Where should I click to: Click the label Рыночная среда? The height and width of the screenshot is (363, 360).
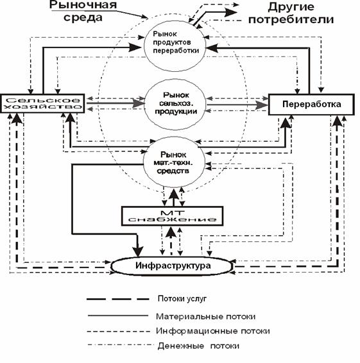pyautogui.click(x=83, y=11)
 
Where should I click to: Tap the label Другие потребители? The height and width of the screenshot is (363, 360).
pyautogui.click(x=291, y=13)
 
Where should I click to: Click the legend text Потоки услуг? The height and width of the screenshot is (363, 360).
pyautogui.click(x=182, y=299)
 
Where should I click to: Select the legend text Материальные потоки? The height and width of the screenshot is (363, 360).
pyautogui.click(x=206, y=316)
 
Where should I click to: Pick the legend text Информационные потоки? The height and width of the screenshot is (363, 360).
pyautogui.click(x=212, y=331)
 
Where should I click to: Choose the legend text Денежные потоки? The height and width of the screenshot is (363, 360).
pyautogui.click(x=198, y=346)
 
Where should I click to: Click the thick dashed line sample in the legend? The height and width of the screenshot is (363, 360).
pyautogui.click(x=118, y=299)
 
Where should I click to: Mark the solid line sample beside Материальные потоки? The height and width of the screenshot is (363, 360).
pyautogui.click(x=118, y=316)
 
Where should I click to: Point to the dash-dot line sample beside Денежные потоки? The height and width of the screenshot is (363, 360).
pyautogui.click(x=121, y=346)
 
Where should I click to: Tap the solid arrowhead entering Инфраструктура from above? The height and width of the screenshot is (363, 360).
pyautogui.click(x=138, y=251)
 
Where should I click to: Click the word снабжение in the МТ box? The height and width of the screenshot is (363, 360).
pyautogui.click(x=173, y=219)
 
